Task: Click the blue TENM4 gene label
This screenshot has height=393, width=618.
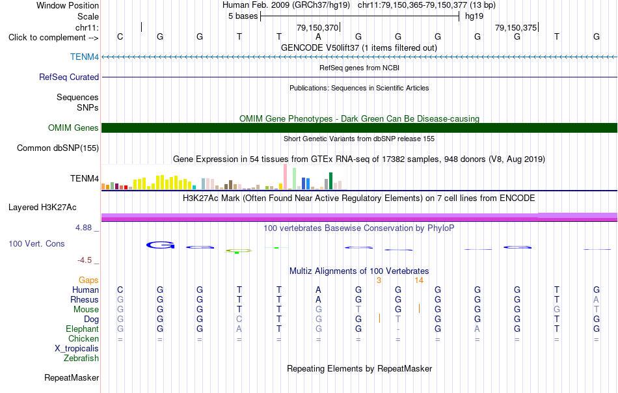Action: click(x=85, y=57)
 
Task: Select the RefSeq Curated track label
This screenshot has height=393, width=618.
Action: click(x=69, y=77)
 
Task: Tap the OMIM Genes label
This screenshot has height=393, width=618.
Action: click(x=74, y=128)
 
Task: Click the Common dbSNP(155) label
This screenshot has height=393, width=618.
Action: click(x=58, y=148)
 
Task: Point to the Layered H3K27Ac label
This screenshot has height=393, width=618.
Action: click(x=42, y=208)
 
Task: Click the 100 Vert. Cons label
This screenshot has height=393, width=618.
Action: click(x=36, y=243)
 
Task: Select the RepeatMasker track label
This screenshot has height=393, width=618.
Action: click(x=72, y=377)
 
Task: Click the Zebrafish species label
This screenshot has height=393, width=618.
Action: click(x=81, y=359)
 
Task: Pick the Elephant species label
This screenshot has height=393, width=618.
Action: click(x=83, y=329)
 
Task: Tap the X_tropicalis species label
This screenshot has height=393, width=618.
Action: click(x=77, y=349)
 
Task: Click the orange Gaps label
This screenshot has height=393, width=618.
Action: click(x=88, y=280)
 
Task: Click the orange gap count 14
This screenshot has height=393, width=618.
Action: click(x=419, y=280)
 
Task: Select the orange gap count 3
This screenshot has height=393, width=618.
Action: click(x=379, y=280)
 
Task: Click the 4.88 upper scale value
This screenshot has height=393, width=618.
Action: click(x=83, y=228)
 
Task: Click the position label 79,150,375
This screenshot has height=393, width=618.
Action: click(x=516, y=27)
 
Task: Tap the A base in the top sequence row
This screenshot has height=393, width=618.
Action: click(x=319, y=36)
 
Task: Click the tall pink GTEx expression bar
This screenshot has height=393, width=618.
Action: click(x=286, y=177)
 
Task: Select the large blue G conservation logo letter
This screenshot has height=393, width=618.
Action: click(x=161, y=245)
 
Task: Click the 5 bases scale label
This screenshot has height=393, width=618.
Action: click(x=243, y=16)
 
